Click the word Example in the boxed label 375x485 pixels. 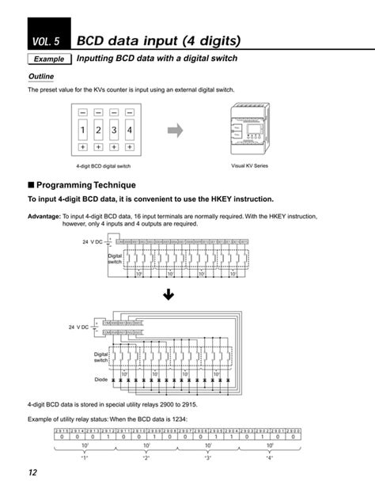48,60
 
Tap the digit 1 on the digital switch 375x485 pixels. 83,129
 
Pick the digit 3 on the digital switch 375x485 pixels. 115,129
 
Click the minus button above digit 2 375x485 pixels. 99,112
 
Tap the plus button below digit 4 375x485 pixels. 131,147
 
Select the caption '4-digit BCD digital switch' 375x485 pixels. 104,167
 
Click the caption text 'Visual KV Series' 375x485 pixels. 249,165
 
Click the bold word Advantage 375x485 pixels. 44,216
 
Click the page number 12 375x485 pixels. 33,472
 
